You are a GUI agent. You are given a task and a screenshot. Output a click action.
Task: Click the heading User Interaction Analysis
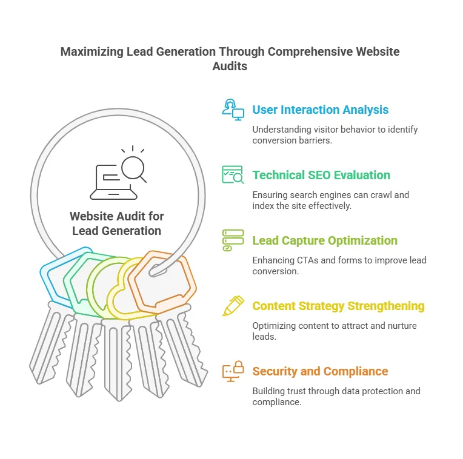click(x=321, y=110)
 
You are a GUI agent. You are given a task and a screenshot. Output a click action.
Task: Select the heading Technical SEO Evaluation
click(x=321, y=175)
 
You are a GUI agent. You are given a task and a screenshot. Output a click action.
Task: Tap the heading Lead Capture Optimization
click(x=325, y=240)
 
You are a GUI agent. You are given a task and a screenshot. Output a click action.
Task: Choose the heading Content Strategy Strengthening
click(x=338, y=306)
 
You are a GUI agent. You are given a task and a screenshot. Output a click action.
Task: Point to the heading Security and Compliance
click(x=320, y=371)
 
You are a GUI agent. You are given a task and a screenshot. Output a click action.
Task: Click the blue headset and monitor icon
click(x=233, y=109)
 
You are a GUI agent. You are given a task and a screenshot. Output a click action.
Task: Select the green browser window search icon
click(x=233, y=174)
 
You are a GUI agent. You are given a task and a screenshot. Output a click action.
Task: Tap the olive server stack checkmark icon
click(x=233, y=240)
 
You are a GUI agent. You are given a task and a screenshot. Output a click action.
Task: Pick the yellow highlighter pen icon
click(x=233, y=306)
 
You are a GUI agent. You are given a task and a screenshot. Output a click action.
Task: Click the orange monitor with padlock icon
click(x=233, y=371)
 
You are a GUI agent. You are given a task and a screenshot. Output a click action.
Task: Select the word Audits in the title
click(x=230, y=66)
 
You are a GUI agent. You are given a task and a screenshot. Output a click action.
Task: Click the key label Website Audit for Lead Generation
click(x=117, y=223)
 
